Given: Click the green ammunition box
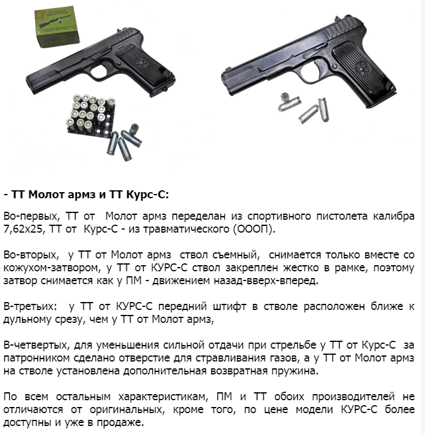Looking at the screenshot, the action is [x=57, y=26].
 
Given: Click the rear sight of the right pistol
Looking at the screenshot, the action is [x=337, y=19].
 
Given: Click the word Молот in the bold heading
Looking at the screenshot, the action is [x=46, y=195].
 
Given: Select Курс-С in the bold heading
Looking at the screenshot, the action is [x=147, y=195].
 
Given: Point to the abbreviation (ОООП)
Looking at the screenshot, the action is [x=254, y=229].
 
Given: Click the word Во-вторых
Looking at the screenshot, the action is [x=31, y=255].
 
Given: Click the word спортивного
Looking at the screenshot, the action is [x=279, y=216].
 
